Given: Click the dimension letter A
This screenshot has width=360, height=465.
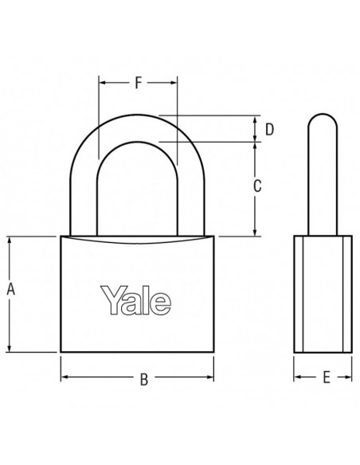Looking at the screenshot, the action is click(x=10, y=289).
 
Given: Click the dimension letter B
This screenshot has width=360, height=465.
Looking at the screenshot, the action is click(x=144, y=379).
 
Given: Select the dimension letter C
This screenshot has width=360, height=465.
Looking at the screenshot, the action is click(x=257, y=186).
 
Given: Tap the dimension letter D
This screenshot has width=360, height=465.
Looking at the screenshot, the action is click(x=269, y=130).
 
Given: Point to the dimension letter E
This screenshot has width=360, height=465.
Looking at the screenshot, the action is click(x=327, y=377).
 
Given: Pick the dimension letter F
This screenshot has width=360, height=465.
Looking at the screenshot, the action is click(x=139, y=83).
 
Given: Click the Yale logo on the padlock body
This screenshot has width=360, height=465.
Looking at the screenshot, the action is click(x=136, y=300).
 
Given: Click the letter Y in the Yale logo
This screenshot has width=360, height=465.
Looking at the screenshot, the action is click(x=111, y=300).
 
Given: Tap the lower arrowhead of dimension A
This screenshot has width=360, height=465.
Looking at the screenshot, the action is click(x=10, y=347).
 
